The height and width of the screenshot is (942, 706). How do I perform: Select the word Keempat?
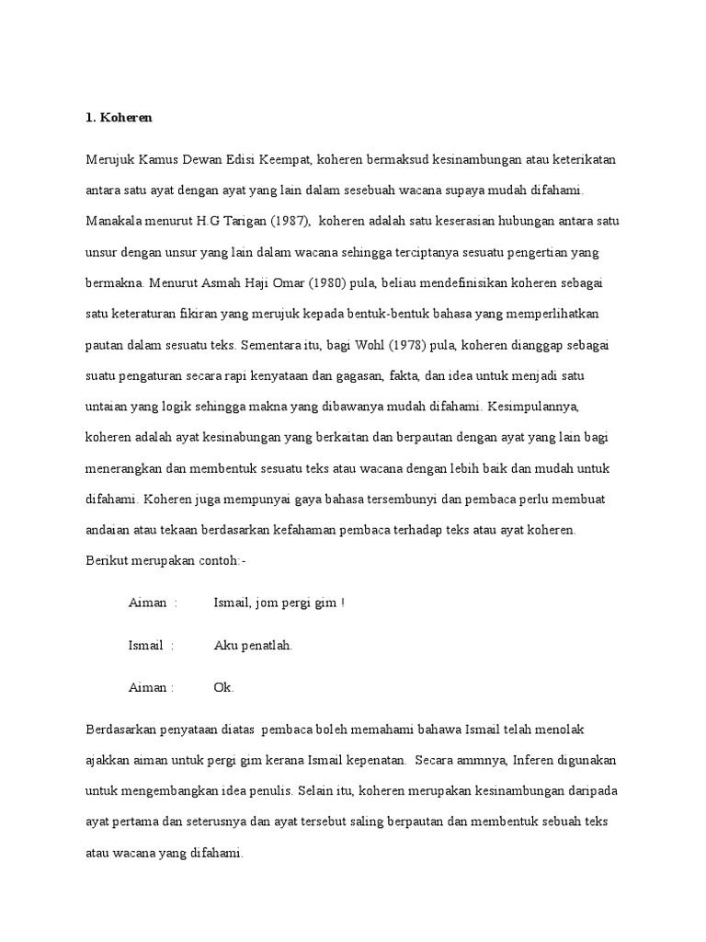285,160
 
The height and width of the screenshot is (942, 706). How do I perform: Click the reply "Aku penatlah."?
253,646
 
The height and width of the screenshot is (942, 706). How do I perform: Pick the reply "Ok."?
223,688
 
